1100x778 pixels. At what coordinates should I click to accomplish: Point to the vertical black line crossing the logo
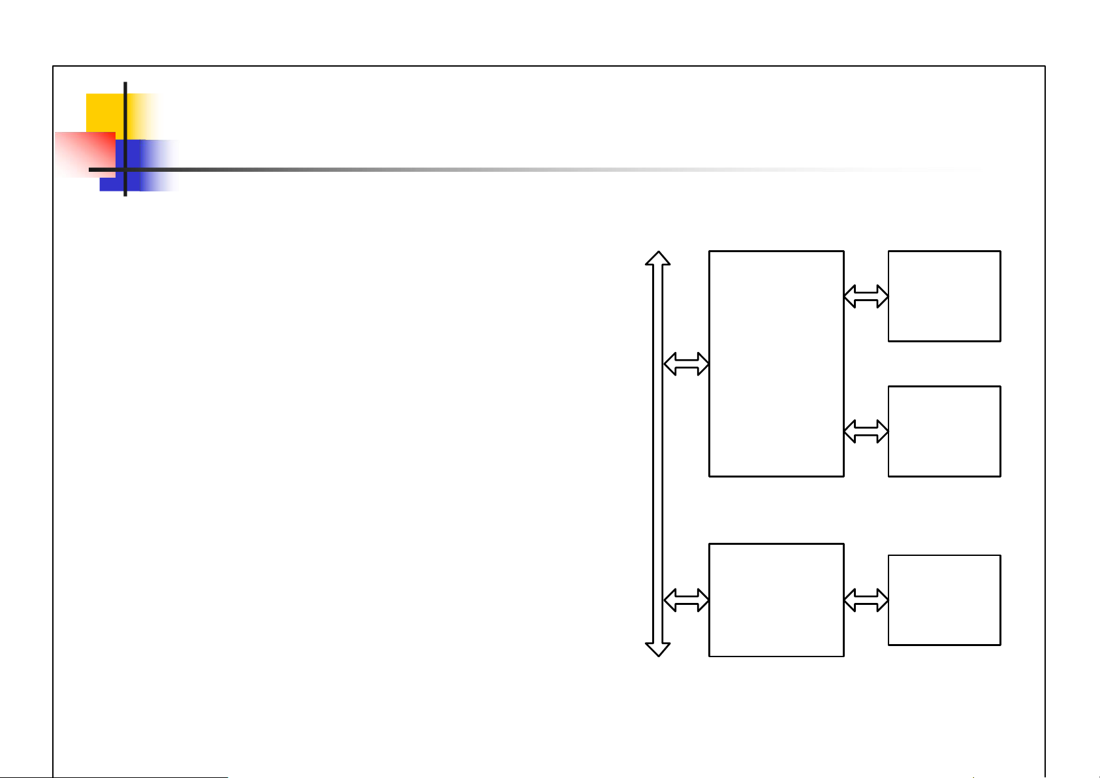[125, 105]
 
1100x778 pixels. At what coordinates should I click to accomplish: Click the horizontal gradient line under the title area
[457, 169]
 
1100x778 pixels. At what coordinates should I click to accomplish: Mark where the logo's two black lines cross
[125, 170]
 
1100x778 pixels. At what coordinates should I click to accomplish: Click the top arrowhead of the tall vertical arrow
[658, 257]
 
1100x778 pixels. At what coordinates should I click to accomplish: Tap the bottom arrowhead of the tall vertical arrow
[658, 649]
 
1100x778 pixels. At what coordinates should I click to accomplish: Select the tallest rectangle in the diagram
[776, 363]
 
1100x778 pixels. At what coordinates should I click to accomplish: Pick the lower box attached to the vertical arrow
[776, 600]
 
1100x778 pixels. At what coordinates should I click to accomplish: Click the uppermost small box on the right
[944, 296]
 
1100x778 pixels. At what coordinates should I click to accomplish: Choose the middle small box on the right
[944, 431]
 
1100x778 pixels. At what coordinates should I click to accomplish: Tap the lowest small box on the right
[944, 600]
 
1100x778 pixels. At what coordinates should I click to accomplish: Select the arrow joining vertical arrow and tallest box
[686, 364]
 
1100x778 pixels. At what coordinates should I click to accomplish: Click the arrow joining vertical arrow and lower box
[686, 600]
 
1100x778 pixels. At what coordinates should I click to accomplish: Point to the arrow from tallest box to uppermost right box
[866, 297]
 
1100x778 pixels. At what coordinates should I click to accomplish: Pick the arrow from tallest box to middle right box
[866, 431]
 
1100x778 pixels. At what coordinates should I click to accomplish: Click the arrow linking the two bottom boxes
[866, 600]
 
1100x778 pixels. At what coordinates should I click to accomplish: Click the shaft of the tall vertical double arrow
[658, 457]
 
